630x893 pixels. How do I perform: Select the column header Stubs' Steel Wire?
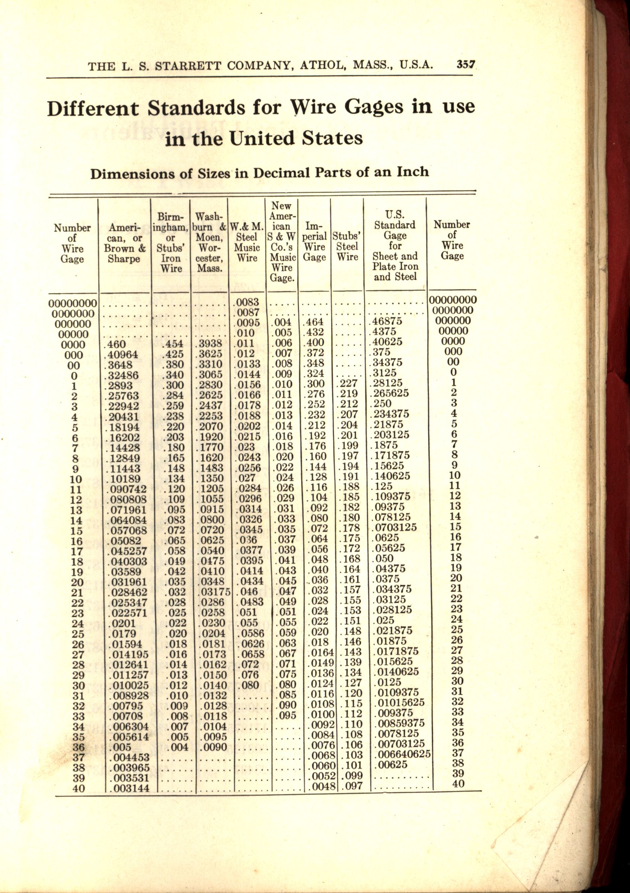(x=347, y=246)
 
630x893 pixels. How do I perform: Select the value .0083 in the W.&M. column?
(x=247, y=303)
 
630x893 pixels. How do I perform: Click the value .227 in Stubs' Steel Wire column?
(x=347, y=384)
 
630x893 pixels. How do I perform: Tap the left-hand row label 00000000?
(x=73, y=304)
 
